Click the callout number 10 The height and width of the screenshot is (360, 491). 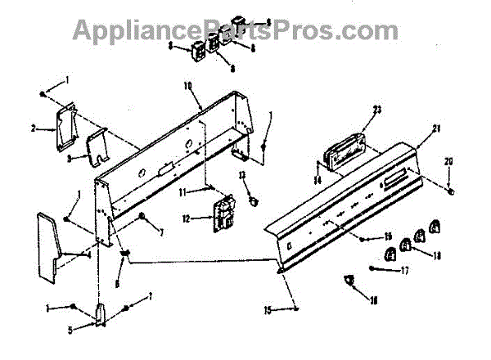tap(187, 85)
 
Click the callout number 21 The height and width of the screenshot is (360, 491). tap(436, 128)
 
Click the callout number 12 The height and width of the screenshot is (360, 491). tap(186, 218)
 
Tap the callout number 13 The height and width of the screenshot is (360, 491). tap(242, 174)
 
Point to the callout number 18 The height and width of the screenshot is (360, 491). tap(437, 256)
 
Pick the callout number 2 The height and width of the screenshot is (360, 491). tap(33, 128)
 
